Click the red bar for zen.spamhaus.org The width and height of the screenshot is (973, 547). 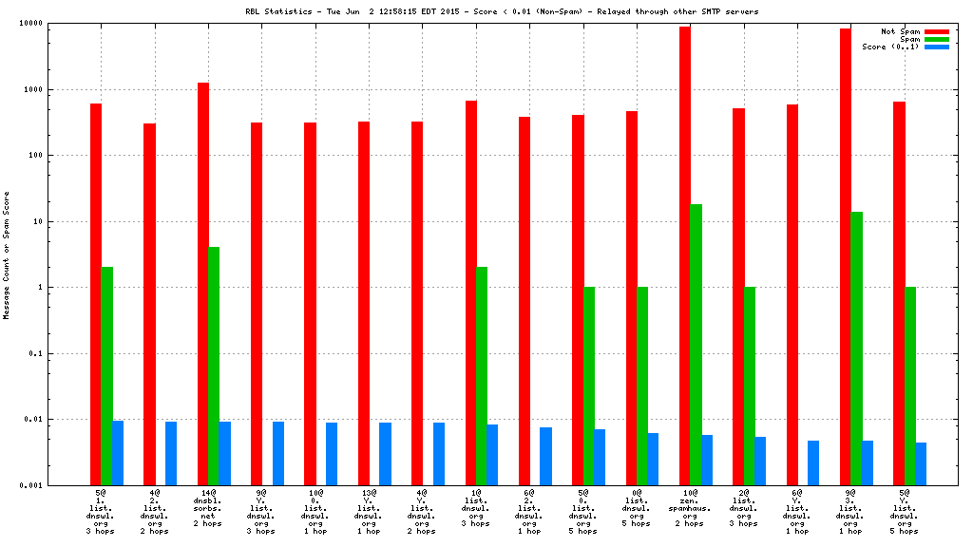click(685, 256)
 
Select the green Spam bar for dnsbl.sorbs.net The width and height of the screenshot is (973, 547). click(214, 366)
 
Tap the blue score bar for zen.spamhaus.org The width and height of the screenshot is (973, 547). click(707, 460)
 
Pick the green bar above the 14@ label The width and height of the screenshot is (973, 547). click(214, 366)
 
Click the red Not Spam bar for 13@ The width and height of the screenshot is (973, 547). click(364, 303)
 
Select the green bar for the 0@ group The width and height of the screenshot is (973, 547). click(642, 386)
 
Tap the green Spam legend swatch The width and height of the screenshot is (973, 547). click(937, 39)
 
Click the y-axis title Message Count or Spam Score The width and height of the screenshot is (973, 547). click(7, 255)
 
